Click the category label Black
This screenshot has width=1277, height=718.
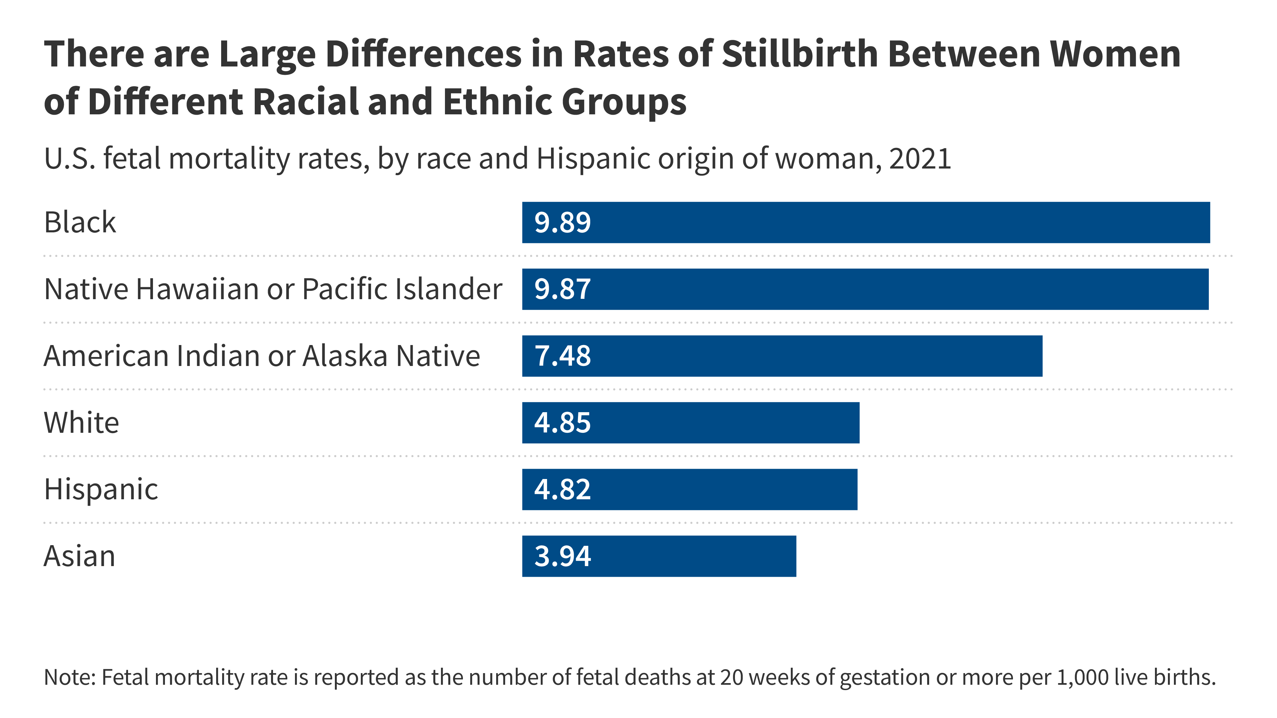(80, 222)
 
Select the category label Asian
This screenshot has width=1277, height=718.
(79, 556)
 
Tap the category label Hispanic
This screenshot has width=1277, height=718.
(101, 490)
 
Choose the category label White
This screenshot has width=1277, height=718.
(81, 423)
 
